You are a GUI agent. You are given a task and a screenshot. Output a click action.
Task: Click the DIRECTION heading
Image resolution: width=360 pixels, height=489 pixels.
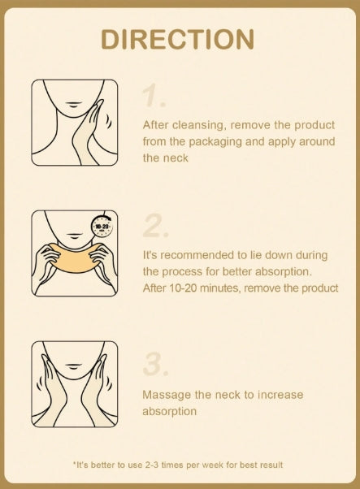(178, 39)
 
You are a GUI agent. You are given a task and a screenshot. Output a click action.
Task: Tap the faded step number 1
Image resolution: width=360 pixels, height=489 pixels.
(153, 95)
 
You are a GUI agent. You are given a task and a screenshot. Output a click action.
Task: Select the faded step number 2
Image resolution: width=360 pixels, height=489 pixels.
(156, 226)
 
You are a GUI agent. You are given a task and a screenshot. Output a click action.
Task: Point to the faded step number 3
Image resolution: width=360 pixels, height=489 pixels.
(156, 363)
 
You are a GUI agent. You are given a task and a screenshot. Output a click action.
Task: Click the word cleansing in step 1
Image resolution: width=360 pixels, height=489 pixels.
(198, 125)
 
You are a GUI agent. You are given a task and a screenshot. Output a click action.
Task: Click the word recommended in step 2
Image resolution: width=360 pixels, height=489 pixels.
(197, 255)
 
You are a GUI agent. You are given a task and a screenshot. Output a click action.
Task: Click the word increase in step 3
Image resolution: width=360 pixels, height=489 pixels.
(280, 395)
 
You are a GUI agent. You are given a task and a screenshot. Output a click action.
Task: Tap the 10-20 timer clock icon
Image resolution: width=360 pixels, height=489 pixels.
(102, 226)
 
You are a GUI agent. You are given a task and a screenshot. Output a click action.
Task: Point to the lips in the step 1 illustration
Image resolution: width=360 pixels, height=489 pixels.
(72, 104)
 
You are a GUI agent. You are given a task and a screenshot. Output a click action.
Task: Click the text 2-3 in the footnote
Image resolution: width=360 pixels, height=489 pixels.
(152, 465)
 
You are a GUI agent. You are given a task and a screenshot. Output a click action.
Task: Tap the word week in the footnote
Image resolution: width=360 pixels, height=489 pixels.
(213, 465)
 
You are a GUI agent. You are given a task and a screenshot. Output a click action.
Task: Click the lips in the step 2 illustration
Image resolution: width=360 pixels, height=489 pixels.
(73, 236)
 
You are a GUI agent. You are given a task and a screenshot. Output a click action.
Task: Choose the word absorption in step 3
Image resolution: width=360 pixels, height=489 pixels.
(169, 412)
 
